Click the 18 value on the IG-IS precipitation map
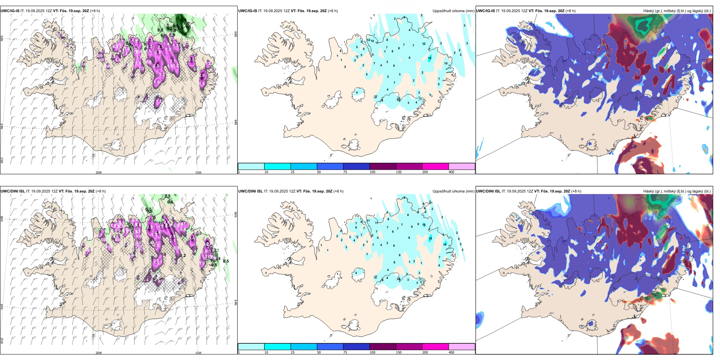point(430,58)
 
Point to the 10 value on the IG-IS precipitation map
point(446,64)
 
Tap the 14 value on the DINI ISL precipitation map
point(445,244)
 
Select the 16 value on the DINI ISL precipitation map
point(424,225)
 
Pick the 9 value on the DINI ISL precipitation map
point(412,227)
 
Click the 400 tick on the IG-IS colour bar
point(451,172)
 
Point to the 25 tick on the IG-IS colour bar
point(293,172)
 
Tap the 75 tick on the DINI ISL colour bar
point(345,352)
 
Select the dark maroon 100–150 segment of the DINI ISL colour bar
point(383,347)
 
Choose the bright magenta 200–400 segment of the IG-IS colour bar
point(435,166)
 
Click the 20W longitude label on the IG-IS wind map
point(99,172)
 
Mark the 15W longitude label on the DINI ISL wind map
point(198,353)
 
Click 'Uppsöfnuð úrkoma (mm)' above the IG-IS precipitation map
point(453,11)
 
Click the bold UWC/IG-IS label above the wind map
point(10,11)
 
